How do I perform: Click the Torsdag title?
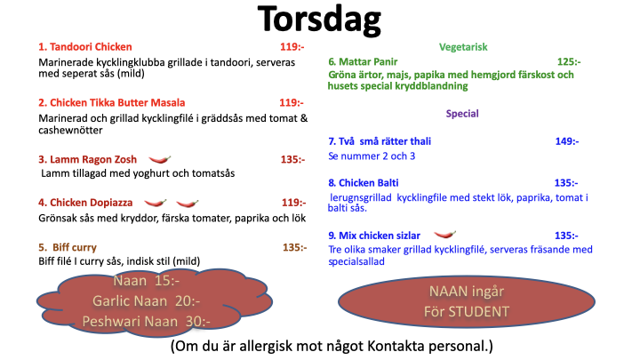319,20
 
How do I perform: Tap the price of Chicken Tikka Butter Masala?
292,103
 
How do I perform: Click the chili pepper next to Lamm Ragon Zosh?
160,159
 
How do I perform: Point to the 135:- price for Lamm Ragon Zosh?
292,160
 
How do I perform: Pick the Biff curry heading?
68,247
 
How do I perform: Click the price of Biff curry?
295,247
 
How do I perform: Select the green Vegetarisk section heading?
463,47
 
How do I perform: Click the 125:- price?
569,62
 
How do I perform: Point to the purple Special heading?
462,114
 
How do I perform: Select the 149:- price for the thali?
567,141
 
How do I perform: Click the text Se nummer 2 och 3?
372,156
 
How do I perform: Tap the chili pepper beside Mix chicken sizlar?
445,235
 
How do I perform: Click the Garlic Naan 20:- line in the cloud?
146,301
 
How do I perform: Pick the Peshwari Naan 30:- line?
146,322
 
